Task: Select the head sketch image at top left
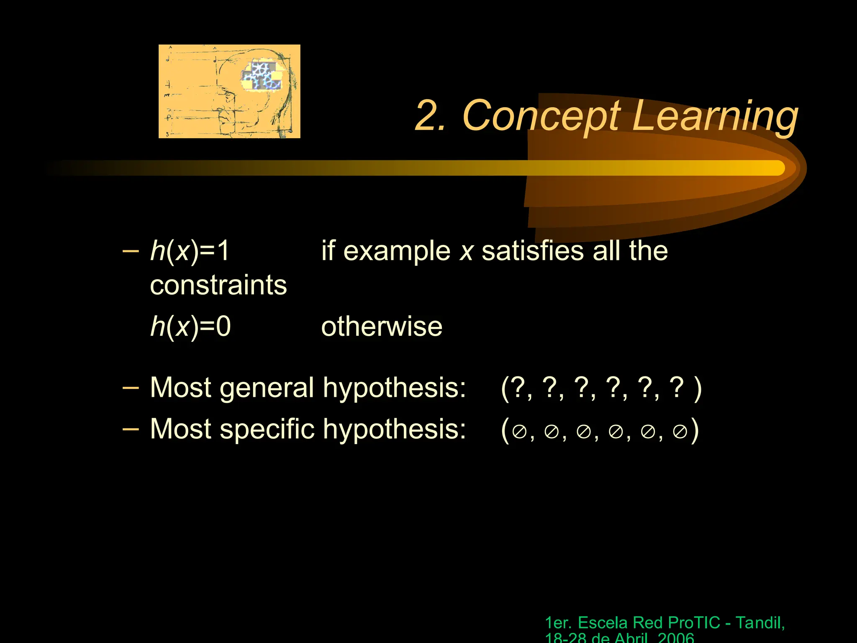(229, 91)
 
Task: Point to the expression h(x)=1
(190, 251)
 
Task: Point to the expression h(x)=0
(190, 327)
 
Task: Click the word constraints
(218, 285)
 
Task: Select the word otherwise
(381, 327)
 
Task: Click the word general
(267, 388)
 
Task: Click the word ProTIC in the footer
(694, 623)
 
